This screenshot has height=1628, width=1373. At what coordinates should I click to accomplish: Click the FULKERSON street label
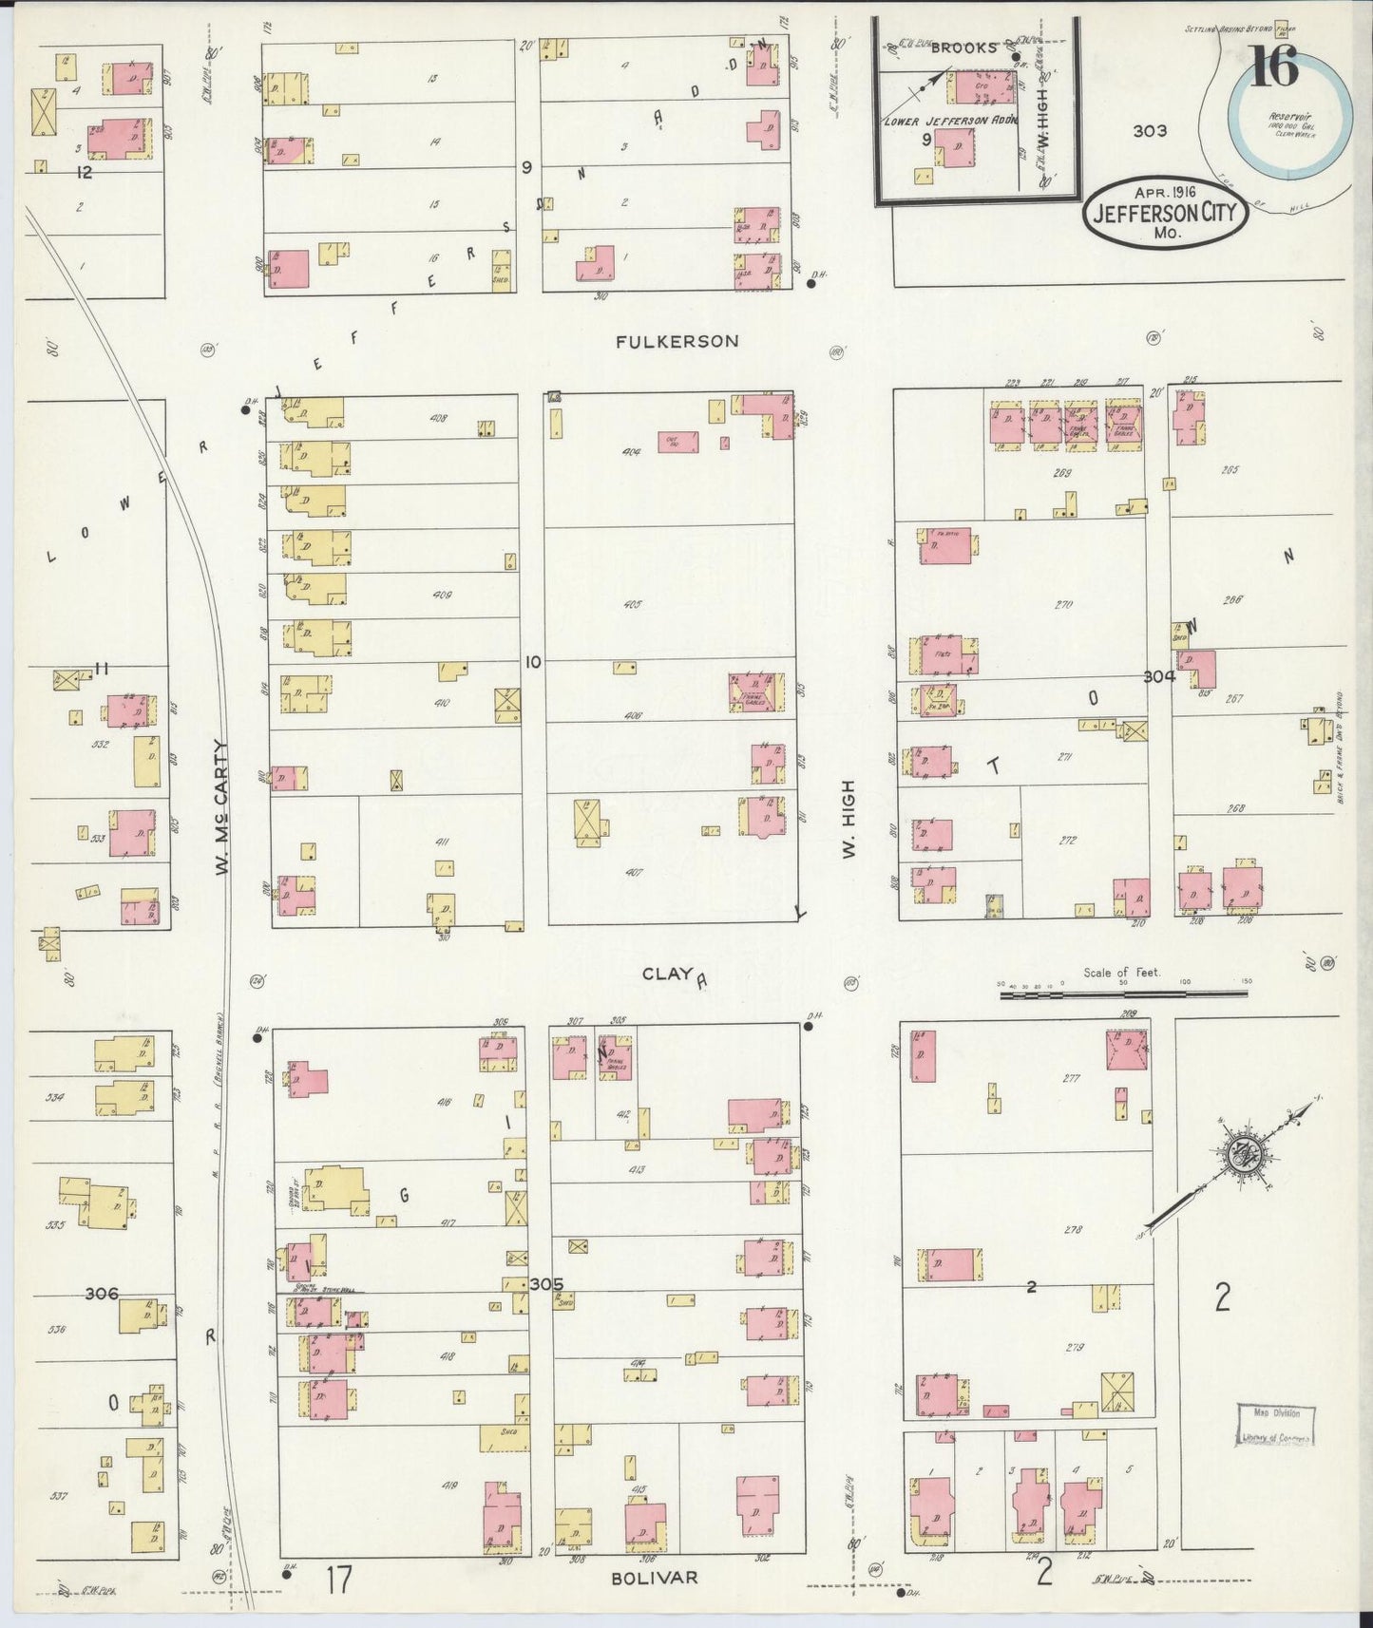pos(676,341)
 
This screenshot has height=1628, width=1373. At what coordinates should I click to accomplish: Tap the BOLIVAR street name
pos(654,1578)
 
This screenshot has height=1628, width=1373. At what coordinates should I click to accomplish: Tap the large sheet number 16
pos(1274,67)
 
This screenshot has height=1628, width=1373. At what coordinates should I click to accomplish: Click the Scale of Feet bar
pos(1124,994)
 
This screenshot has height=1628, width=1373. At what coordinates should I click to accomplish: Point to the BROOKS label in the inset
pos(964,47)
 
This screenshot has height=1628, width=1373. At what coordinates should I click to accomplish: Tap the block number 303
pos(1149,131)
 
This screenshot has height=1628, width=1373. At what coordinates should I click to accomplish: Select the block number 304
pos(1159,676)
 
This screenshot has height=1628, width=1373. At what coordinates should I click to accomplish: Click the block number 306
pos(102,1294)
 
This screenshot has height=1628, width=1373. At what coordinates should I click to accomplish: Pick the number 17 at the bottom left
pos(338,1581)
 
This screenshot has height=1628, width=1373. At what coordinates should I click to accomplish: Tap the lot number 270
pos(1062,603)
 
